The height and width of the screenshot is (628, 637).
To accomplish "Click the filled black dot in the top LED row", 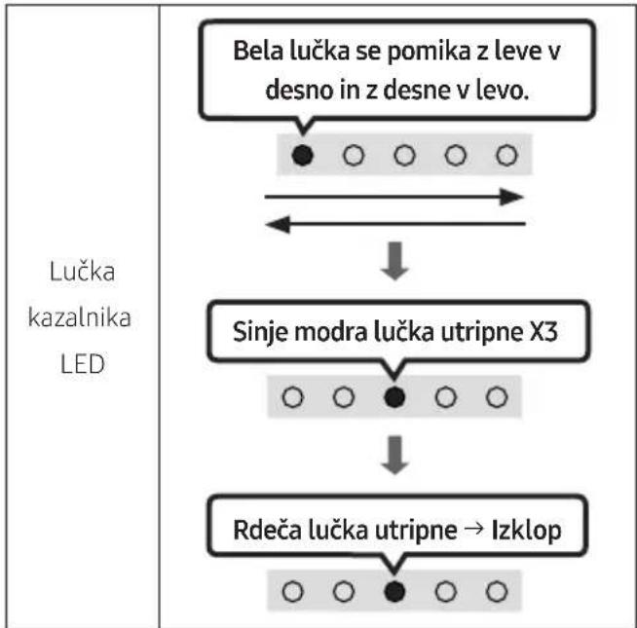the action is [x=302, y=155].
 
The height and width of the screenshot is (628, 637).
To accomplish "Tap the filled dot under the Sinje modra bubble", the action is [x=394, y=397].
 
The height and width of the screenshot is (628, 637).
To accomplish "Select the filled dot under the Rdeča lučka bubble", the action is [x=394, y=591].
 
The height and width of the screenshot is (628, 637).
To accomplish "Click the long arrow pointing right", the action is [x=394, y=197].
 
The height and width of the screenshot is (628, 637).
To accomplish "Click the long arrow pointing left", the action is [x=395, y=224].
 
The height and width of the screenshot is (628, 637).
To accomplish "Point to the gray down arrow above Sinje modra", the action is [x=394, y=261].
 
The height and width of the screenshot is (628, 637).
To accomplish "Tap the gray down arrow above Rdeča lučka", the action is [x=394, y=455].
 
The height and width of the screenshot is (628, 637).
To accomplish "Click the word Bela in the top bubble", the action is [x=258, y=51].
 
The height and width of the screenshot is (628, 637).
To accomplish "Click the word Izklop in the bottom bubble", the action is [x=527, y=531].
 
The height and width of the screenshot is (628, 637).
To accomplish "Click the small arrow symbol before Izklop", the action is [x=474, y=529].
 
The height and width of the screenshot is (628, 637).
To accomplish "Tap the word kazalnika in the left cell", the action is [x=80, y=317].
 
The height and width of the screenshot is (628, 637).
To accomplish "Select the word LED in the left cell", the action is [x=83, y=363].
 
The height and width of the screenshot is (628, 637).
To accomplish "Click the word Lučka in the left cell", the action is [x=82, y=271].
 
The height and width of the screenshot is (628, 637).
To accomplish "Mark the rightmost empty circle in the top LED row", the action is [x=506, y=155].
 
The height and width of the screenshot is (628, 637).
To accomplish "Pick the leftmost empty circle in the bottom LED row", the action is [x=292, y=591].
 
